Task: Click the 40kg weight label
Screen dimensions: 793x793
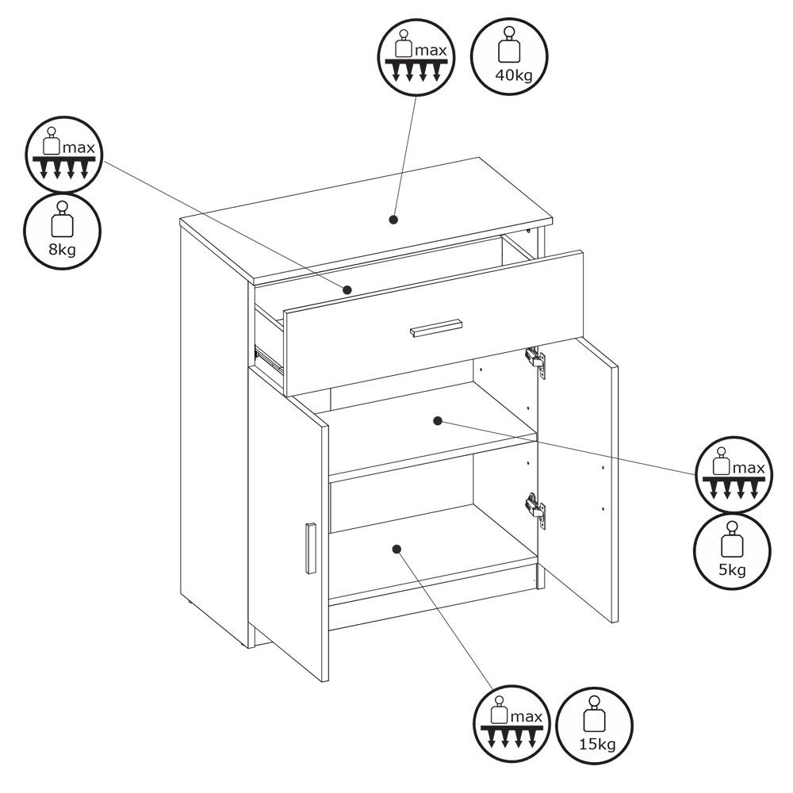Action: coord(513,75)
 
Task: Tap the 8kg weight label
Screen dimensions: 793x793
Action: coord(62,249)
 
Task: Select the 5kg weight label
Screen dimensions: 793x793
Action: coord(732,570)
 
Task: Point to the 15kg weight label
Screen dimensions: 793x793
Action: coord(597,745)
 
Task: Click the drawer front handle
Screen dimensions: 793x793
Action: coord(436,328)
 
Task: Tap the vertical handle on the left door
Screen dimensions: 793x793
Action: coord(311,548)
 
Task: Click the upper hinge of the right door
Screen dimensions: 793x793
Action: coord(535,361)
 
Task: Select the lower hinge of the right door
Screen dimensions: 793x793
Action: coord(535,509)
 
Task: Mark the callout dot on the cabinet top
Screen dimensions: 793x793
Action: coord(393,220)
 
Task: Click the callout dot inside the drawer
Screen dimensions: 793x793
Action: coord(347,289)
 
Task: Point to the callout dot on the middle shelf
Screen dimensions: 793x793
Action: coord(438,421)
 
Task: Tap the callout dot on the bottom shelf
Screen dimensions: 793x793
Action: coord(396,549)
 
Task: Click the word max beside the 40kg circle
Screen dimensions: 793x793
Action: coord(431,51)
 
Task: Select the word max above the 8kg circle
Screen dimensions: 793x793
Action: coord(79,148)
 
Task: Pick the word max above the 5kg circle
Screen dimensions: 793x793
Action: coord(749,469)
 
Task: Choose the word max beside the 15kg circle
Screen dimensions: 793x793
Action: coord(527,717)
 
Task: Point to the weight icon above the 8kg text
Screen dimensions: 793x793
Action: coord(62,219)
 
